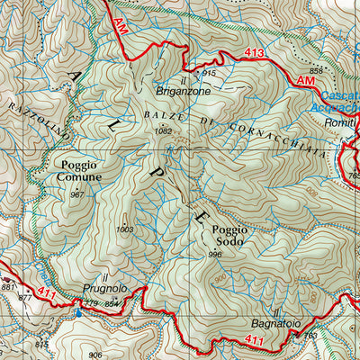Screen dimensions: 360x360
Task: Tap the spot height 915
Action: [x=210, y=73]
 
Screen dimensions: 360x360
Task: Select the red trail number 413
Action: [x=255, y=54]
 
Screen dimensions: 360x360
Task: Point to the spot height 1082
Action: [x=162, y=132]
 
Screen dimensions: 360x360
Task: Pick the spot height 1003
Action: [x=124, y=229]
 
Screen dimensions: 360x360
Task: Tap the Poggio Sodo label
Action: [x=229, y=236]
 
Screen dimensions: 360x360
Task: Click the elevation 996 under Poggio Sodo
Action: [x=214, y=255]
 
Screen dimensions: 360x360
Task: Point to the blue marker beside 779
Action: [x=77, y=313]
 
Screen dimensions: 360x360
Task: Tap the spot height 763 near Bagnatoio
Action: [x=310, y=336]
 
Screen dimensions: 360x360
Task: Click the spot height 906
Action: [x=95, y=354]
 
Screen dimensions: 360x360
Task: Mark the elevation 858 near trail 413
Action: [x=316, y=70]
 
